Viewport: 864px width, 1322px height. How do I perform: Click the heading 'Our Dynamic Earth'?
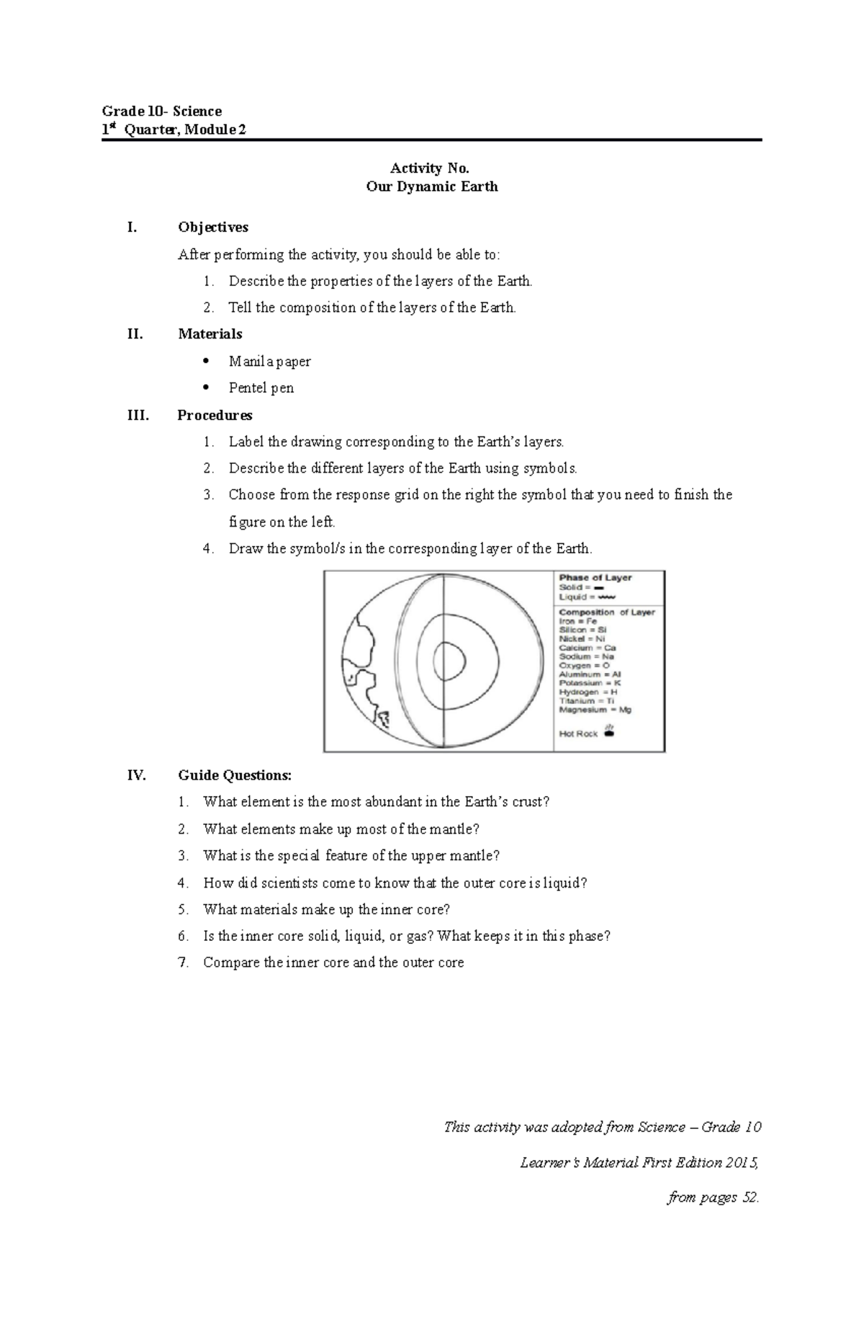pyautogui.click(x=431, y=187)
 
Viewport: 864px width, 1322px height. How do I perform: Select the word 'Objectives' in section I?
pyautogui.click(x=213, y=227)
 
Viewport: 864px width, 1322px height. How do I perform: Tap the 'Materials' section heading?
pyautogui.click(x=210, y=334)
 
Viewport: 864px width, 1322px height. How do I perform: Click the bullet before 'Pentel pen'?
pyautogui.click(x=206, y=387)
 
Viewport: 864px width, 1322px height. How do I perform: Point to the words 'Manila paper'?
pyautogui.click(x=269, y=361)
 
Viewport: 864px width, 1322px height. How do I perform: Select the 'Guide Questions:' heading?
pyautogui.click(x=235, y=775)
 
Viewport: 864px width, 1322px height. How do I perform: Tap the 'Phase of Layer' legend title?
pyautogui.click(x=595, y=578)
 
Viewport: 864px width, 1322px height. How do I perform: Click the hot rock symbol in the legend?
pyautogui.click(x=609, y=733)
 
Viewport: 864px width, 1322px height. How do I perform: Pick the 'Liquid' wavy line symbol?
pyautogui.click(x=606, y=597)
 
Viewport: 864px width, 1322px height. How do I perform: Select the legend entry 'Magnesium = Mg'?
pyautogui.click(x=595, y=710)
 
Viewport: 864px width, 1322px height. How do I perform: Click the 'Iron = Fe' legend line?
pyautogui.click(x=578, y=621)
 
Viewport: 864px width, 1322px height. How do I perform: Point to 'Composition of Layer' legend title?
pyautogui.click(x=607, y=612)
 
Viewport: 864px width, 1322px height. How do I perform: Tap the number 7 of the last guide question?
pyautogui.click(x=182, y=963)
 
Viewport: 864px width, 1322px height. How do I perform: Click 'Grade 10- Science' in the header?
pyautogui.click(x=161, y=111)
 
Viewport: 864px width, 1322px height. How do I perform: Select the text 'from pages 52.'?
pyautogui.click(x=713, y=1197)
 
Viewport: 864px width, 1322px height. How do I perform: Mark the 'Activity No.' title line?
pyautogui.click(x=429, y=169)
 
